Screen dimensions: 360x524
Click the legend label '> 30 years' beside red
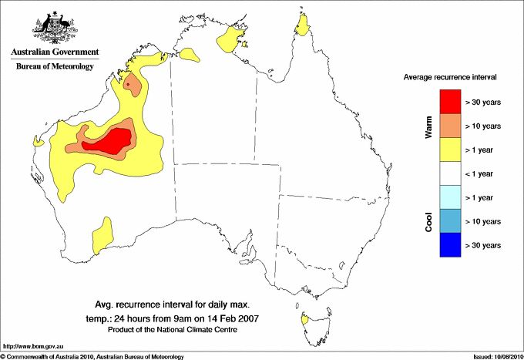[483, 102]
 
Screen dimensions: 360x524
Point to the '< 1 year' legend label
[482, 173]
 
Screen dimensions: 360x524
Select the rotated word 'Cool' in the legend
[429, 221]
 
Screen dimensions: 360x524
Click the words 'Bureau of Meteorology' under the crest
[55, 66]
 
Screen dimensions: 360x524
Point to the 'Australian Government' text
[55, 52]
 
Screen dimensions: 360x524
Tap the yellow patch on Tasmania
[306, 318]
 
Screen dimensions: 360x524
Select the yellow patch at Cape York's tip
[303, 29]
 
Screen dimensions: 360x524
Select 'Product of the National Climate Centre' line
[172, 330]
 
